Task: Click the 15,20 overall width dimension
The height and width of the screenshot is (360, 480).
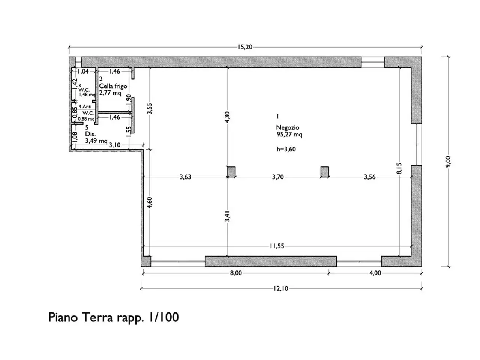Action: pos(245,47)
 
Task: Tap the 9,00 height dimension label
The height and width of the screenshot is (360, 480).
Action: pos(448,162)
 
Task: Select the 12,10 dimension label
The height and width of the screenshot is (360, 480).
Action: pos(281,288)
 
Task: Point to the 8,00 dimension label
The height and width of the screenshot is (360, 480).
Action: pos(236,273)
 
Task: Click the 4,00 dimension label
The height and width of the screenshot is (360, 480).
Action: pos(375,273)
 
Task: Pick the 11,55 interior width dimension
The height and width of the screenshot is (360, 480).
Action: pos(277,246)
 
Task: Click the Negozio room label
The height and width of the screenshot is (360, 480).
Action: pos(288,127)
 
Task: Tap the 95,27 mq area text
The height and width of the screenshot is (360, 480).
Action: pos(289,134)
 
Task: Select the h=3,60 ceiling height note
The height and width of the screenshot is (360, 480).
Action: pos(286,149)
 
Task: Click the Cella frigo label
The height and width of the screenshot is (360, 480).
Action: pos(113,86)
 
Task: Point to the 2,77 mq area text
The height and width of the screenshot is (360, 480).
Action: pos(110,93)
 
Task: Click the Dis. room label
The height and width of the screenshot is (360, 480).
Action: pos(90,134)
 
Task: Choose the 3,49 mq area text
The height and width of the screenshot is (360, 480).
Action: pos(96,141)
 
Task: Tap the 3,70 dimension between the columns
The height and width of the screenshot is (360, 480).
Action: pos(278,177)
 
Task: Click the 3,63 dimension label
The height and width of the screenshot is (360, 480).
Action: pos(185,177)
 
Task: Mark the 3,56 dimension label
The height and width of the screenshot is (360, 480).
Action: pos(370,177)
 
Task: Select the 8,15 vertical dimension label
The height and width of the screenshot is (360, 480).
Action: pos(399,168)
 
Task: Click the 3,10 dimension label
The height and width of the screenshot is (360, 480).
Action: pos(115,145)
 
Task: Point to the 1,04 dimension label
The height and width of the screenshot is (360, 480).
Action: pos(83,71)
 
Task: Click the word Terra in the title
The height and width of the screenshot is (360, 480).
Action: pos(97,317)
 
